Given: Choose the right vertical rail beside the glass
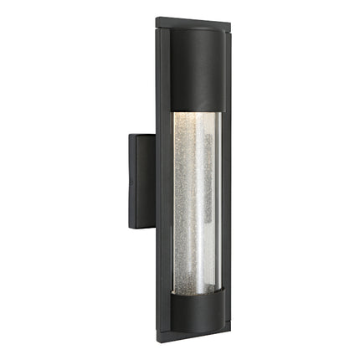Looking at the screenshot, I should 227,201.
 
